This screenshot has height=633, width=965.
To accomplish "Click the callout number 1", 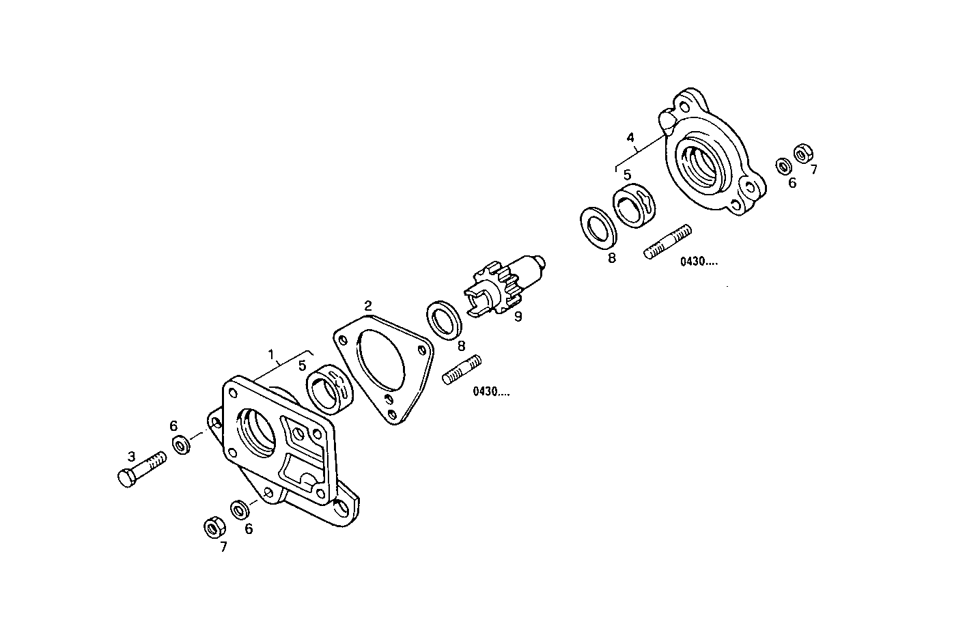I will click(x=271, y=354).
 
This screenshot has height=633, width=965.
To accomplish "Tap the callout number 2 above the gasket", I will click(x=368, y=305).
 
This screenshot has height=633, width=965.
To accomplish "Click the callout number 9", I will click(x=518, y=316).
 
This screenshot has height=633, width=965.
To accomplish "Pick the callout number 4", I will click(x=631, y=137).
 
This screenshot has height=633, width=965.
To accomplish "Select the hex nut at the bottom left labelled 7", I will click(x=212, y=526).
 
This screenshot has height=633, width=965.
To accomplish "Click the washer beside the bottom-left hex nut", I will click(x=240, y=509).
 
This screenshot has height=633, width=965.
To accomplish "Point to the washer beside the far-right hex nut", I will click(x=784, y=166).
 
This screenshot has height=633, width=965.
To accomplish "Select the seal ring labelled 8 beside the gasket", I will click(x=445, y=318).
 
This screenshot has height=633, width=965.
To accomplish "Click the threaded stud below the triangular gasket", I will click(x=462, y=369).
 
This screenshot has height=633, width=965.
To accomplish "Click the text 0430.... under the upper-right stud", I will click(x=698, y=261).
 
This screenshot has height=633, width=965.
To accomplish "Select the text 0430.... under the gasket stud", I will click(x=490, y=392).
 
